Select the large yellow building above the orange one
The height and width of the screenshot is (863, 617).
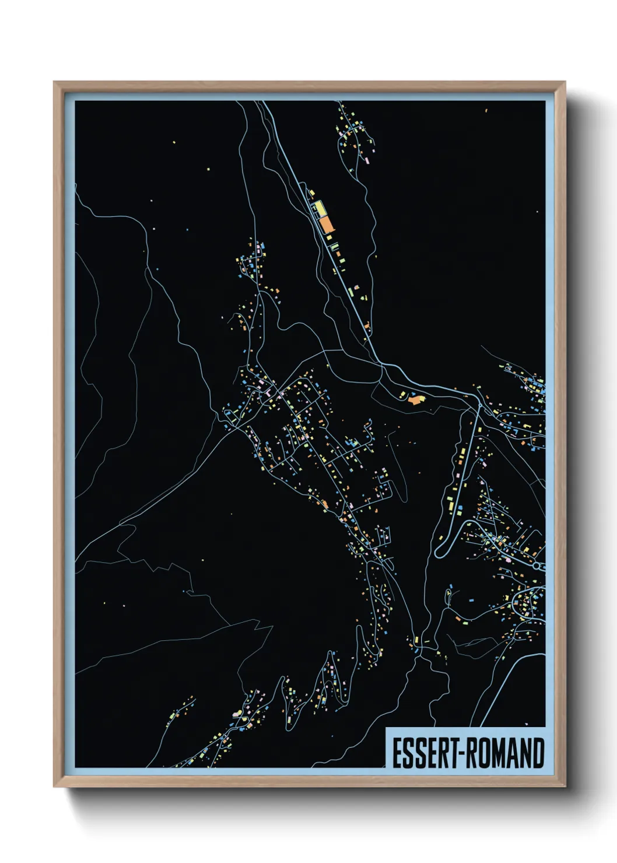tap(319, 208)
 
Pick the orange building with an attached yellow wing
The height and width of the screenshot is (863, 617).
tap(415, 399)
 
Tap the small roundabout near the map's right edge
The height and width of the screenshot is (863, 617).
tap(537, 565)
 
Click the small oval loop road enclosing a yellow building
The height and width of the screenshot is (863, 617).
tap(448, 596)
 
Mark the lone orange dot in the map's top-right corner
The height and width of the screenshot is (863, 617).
tap(486, 109)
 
